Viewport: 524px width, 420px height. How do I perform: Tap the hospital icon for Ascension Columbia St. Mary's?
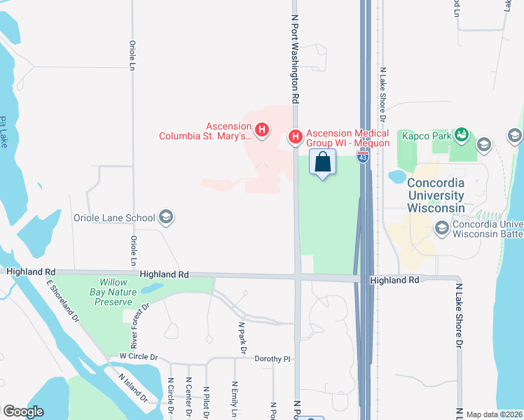point(262,129)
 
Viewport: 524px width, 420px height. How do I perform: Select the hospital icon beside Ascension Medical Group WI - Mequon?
point(296,135)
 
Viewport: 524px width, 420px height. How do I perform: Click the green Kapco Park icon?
point(461,133)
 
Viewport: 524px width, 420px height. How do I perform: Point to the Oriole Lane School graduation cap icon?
point(166,217)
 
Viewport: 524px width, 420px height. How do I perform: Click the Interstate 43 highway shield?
point(361,159)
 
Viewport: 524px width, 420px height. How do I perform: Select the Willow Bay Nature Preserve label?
point(111,293)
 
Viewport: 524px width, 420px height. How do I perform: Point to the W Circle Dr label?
point(139,356)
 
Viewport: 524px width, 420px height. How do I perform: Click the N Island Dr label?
point(132,386)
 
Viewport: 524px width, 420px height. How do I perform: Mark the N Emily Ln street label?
point(235,400)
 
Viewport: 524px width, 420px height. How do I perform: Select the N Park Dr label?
point(242,337)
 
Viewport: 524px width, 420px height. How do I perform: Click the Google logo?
point(23,412)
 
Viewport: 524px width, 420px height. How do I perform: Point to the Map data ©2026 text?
point(494,414)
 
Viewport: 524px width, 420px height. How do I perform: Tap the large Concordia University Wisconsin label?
point(436,195)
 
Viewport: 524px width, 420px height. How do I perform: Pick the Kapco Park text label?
point(425,134)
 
